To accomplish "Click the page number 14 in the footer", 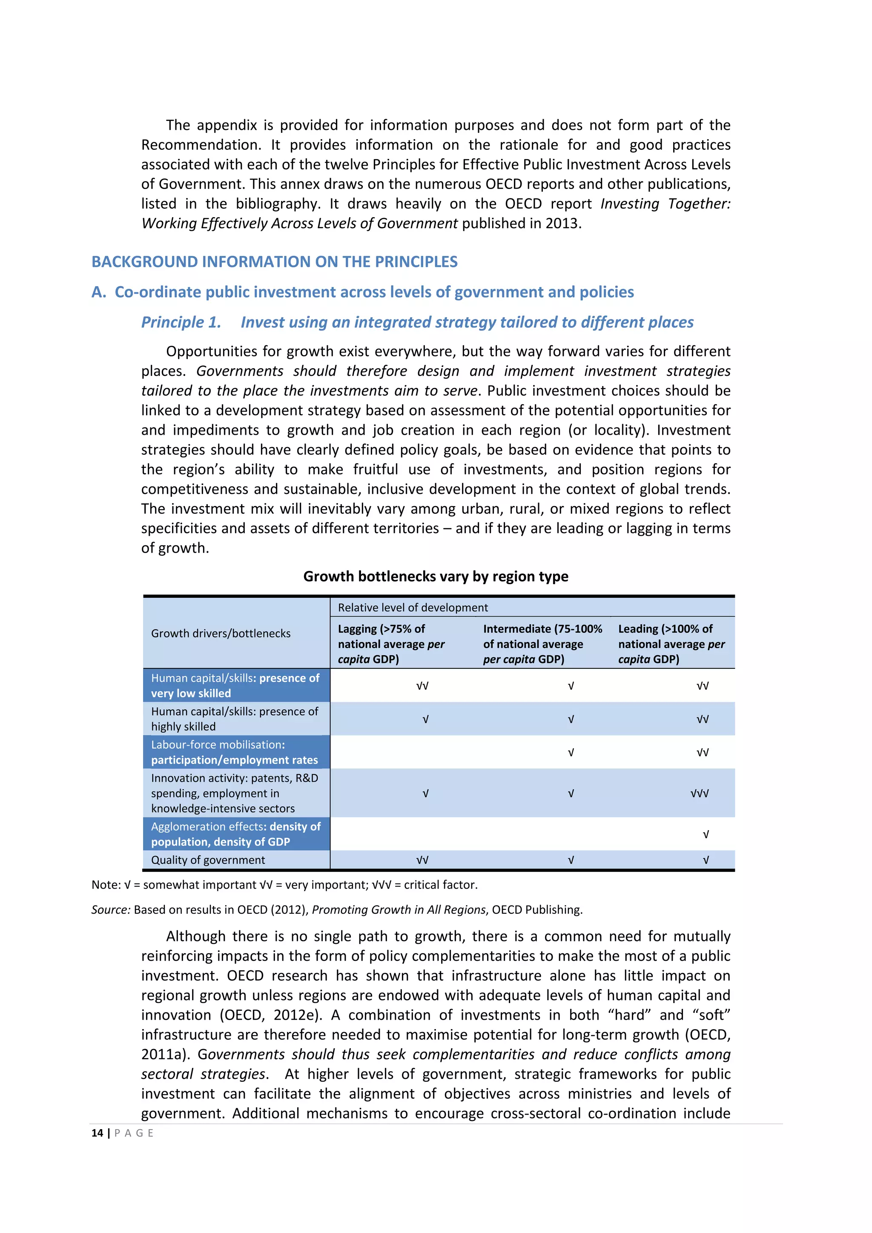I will (x=97, y=1133).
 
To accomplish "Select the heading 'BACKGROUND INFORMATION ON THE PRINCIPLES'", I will (x=274, y=262).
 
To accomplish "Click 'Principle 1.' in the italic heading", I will (x=181, y=322).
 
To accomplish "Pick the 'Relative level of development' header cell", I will (x=413, y=608).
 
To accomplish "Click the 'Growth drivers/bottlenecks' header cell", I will (x=221, y=633).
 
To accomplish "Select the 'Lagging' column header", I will (x=391, y=643).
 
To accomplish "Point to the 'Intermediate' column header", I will (x=542, y=643).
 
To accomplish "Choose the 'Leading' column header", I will (x=671, y=643).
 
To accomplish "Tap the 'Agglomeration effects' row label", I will (x=235, y=834).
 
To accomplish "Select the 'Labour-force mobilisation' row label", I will (x=234, y=752).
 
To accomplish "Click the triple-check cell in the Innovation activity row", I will (x=700, y=793).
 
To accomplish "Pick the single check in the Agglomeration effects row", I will (x=706, y=834).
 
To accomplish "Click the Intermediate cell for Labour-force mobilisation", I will (x=571, y=752).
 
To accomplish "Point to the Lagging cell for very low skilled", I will (x=422, y=686).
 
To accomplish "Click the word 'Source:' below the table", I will (x=111, y=910).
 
